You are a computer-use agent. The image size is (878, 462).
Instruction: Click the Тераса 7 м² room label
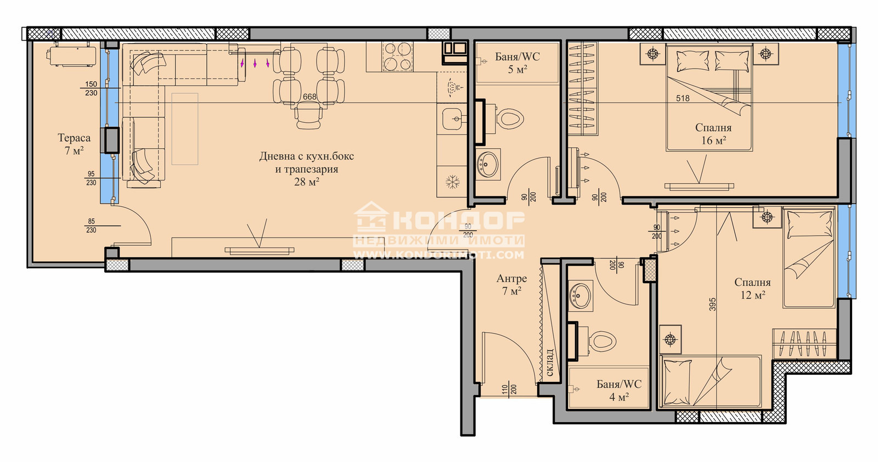74,144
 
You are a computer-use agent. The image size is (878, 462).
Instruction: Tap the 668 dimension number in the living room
309,97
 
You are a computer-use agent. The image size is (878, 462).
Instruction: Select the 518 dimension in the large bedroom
683,98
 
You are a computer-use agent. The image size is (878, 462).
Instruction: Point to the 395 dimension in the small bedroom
713,304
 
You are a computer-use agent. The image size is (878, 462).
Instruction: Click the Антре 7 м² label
511,284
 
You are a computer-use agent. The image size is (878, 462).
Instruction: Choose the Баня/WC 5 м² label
517,63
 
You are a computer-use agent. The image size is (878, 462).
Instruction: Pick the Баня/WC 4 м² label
619,390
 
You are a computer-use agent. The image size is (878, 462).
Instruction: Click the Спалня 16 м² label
713,134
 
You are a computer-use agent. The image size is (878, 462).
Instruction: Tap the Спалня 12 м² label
752,289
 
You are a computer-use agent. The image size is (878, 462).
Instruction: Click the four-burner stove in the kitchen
398,57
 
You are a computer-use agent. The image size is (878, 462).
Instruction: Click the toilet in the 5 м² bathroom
505,118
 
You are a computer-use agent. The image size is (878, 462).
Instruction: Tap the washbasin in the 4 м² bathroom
581,295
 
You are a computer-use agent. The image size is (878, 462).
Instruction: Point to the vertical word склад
550,363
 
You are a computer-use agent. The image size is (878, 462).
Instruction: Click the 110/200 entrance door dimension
509,389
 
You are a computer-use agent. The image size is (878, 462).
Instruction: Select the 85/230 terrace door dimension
91,226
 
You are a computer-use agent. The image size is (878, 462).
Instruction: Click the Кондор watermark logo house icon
370,217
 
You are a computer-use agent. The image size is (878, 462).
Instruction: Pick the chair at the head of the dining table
309,115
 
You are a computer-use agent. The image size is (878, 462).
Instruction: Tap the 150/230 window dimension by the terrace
91,88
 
